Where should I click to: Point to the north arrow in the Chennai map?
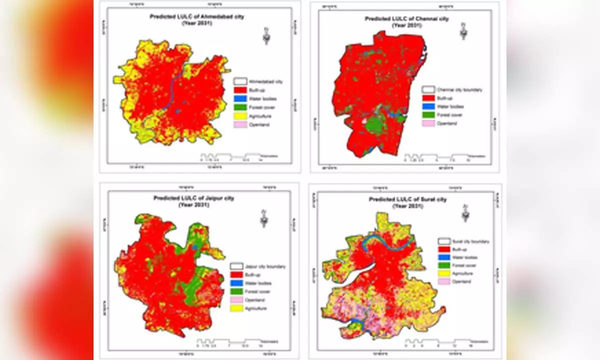pyautogui.click(x=463, y=32)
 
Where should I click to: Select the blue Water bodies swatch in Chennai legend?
pyautogui.click(x=427, y=106)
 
